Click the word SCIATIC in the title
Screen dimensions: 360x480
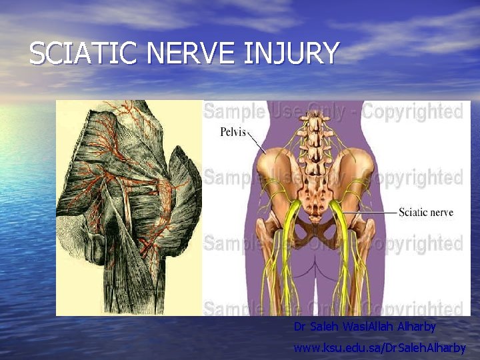pyautogui.click(x=79, y=54)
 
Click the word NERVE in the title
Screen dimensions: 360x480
pyautogui.click(x=189, y=54)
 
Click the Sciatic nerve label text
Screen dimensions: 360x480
pyautogui.click(x=425, y=213)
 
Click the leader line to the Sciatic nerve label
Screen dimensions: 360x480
pyautogui.click(x=373, y=213)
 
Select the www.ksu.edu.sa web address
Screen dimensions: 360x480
pyautogui.click(x=380, y=347)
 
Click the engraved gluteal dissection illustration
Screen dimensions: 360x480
pyautogui.click(x=129, y=207)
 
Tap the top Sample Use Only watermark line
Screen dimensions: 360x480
pyautogui.click(x=333, y=111)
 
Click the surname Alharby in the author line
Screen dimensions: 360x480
pyautogui.click(x=417, y=327)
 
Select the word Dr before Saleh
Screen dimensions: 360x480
pyautogui.click(x=300, y=327)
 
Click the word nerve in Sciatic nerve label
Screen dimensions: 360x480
pyautogui.click(x=441, y=213)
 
